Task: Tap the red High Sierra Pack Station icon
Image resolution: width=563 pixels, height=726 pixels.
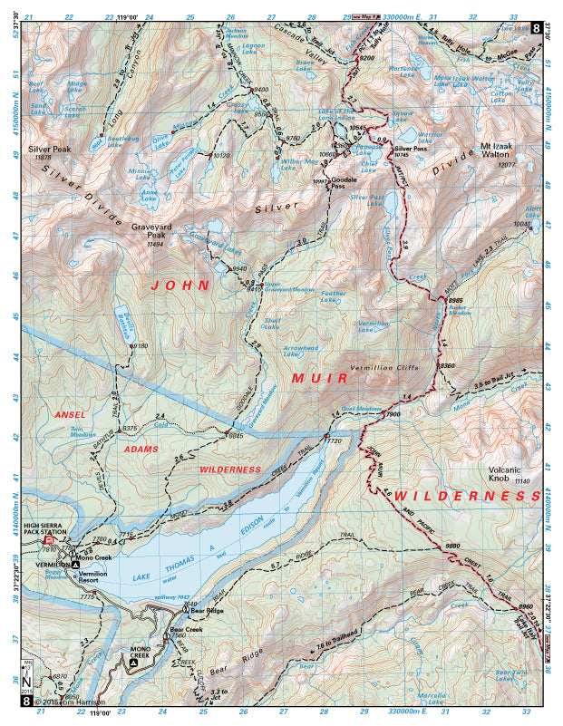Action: point(49,540)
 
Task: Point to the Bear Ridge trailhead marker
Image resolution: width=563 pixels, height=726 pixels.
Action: point(183,610)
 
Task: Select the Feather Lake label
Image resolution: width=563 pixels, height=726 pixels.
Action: point(334,295)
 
